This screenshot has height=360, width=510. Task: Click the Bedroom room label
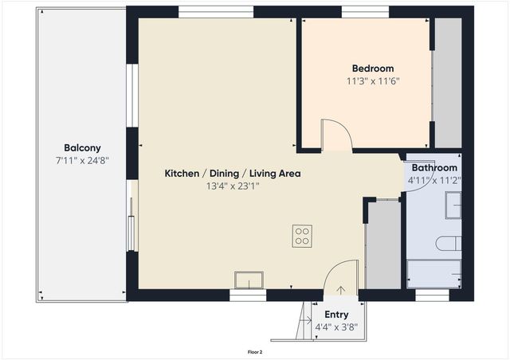[x=369, y=68]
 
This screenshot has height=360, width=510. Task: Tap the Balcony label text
[x=82, y=147]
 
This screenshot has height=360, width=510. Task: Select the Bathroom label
[x=434, y=168]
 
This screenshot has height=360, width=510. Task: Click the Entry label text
[x=336, y=315]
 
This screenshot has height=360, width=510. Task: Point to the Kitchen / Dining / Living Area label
[x=232, y=173]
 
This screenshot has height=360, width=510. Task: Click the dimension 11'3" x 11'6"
[x=372, y=81]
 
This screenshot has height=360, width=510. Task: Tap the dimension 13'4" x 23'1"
[x=232, y=186]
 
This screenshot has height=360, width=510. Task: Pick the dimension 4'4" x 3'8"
[x=336, y=327]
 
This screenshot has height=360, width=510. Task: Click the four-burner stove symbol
[x=302, y=237]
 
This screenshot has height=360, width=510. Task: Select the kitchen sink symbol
[x=249, y=280]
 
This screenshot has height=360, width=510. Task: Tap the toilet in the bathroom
[x=448, y=244]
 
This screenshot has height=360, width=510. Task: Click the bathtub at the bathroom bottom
[x=433, y=272]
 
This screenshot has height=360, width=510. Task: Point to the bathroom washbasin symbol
[x=453, y=205]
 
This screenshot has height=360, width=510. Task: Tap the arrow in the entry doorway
[x=341, y=292]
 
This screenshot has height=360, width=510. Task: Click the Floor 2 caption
[x=255, y=351]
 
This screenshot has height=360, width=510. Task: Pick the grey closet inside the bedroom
[x=448, y=82]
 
